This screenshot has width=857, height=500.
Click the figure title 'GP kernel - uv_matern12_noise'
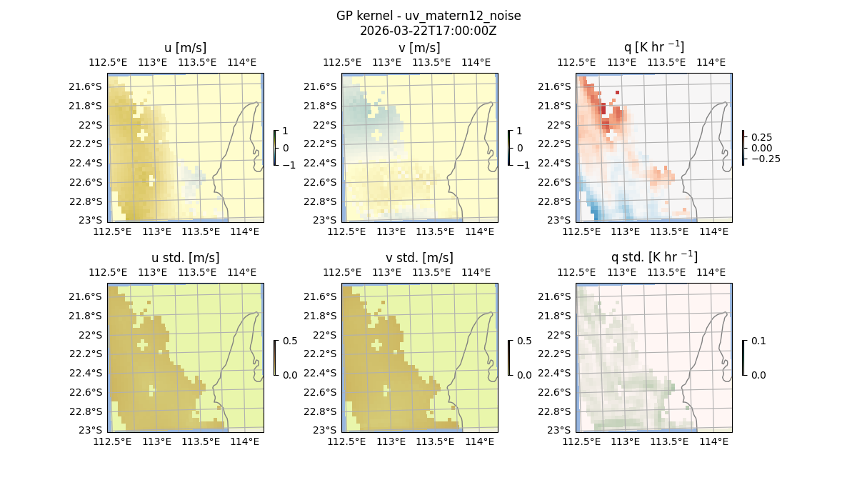[428, 16]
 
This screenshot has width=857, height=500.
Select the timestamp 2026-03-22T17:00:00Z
[428, 31]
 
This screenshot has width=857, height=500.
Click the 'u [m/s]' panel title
[185, 48]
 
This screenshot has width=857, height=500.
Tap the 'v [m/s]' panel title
[419, 48]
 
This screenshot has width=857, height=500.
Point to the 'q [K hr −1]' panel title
[653, 47]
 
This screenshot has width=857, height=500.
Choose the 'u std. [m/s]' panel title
[185, 258]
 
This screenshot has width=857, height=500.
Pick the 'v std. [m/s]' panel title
[419, 258]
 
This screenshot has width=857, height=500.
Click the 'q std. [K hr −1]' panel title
[653, 257]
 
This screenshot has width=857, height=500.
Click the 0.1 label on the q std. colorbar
[757, 341]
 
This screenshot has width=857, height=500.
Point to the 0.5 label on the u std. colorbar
[290, 341]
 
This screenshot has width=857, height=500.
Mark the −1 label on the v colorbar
[523, 165]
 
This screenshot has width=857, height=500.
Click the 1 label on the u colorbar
[286, 131]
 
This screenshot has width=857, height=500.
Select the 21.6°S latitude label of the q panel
[556, 86]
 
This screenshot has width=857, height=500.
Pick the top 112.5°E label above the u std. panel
[108, 272]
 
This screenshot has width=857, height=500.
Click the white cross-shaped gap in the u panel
[142, 134]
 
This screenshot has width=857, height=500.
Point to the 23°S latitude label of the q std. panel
[560, 430]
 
